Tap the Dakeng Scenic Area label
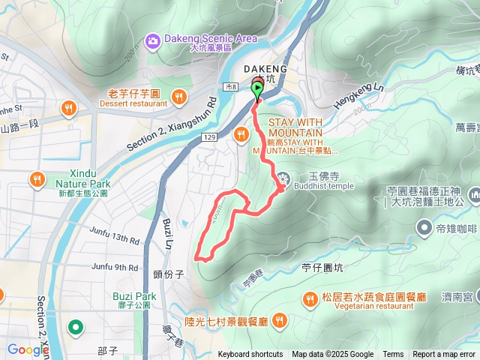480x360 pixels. click(x=212, y=38)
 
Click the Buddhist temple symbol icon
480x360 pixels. click(x=283, y=178)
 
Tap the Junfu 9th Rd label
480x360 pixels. click(x=116, y=266)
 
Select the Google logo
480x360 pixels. click(x=28, y=349)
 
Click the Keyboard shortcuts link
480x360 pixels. click(x=250, y=355)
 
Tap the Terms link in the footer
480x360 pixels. click(x=393, y=355)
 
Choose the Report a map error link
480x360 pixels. click(x=444, y=355)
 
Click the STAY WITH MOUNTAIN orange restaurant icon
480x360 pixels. click(x=241, y=135)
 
